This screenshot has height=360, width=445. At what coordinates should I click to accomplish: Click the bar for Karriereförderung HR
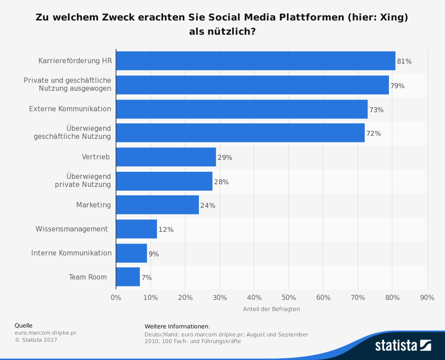tap(255, 61)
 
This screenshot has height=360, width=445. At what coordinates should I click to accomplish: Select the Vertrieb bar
tap(166, 157)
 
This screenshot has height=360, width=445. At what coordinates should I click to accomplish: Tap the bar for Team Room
tap(128, 277)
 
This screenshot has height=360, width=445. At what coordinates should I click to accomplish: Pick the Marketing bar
tap(157, 205)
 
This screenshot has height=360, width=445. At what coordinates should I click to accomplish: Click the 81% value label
tap(404, 61)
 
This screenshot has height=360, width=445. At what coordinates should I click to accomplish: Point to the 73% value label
tap(376, 109)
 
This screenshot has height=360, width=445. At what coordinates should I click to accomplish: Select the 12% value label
tap(166, 230)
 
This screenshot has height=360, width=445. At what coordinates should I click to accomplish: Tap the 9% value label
tap(154, 254)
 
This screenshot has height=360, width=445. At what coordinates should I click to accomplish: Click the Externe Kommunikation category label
tap(70, 109)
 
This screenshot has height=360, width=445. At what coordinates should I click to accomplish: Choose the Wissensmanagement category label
tap(72, 229)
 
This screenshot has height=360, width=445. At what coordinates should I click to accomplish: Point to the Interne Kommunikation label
tap(71, 253)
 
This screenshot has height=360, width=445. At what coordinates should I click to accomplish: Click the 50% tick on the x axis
tap(289, 297)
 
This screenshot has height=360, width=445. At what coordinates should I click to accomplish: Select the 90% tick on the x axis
tap(427, 297)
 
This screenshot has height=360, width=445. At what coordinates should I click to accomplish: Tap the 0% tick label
tap(116, 297)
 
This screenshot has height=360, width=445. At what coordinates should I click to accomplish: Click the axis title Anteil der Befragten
tap(271, 309)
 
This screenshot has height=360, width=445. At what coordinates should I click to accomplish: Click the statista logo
tap(403, 345)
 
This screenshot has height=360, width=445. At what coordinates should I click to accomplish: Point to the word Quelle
tap(24, 325)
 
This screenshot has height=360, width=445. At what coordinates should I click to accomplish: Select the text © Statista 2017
tap(36, 340)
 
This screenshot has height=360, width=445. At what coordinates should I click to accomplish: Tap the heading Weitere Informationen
tap(177, 327)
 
